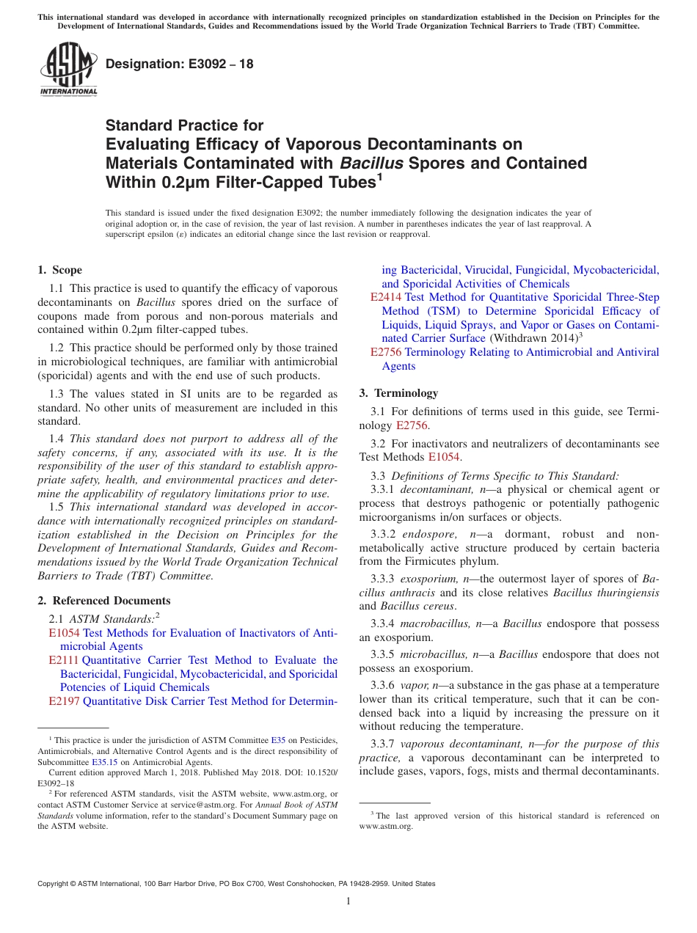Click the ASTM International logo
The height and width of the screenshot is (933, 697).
pos(67,70)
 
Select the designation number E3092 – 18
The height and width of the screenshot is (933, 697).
pos(180,64)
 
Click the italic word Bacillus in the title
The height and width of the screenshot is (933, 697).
pos(367,163)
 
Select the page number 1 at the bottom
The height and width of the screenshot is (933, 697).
pos(348,901)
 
